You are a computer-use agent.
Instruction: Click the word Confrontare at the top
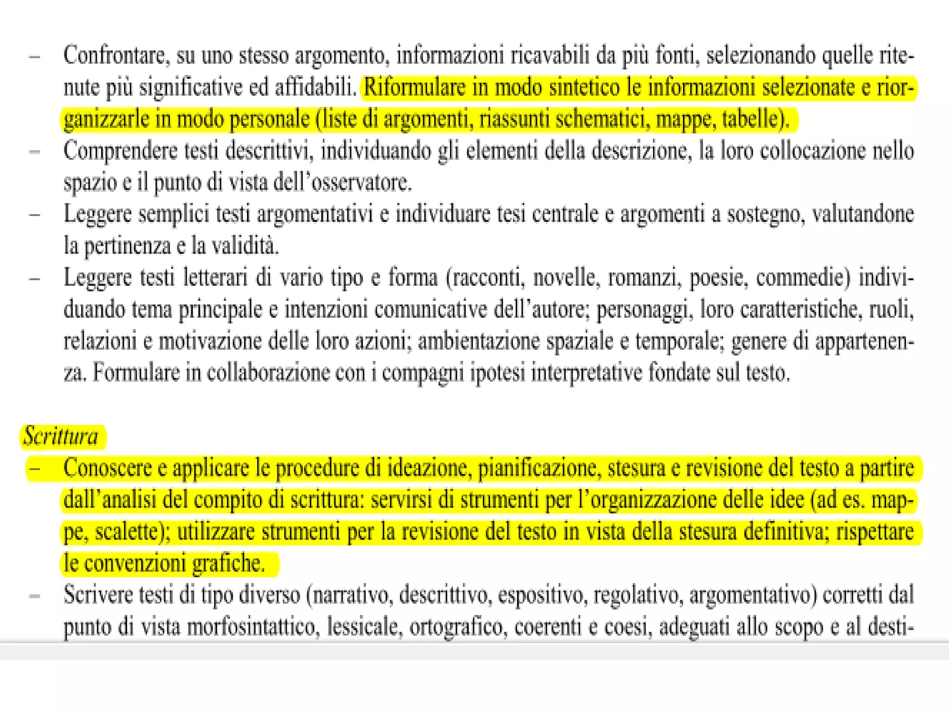(x=114, y=56)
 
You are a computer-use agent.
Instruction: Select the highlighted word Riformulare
(x=414, y=88)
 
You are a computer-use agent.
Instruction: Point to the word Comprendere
(x=120, y=151)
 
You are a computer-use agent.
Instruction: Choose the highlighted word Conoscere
(x=108, y=468)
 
